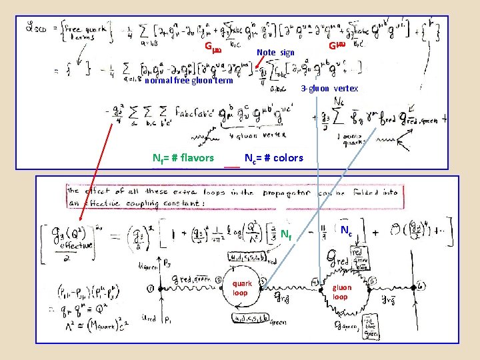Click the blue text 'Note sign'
pyautogui.click(x=275, y=52)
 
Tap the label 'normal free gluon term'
pyautogui.click(x=189, y=81)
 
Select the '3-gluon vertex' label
pyautogui.click(x=329, y=89)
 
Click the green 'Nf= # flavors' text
pyautogui.click(x=183, y=158)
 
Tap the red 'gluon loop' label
pyautogui.click(x=341, y=292)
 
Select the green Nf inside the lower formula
pyautogui.click(x=285, y=235)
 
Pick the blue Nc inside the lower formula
pyautogui.click(x=347, y=231)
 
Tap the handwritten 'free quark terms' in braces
pyautogui.click(x=79, y=33)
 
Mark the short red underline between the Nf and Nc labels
pyautogui.click(x=232, y=165)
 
